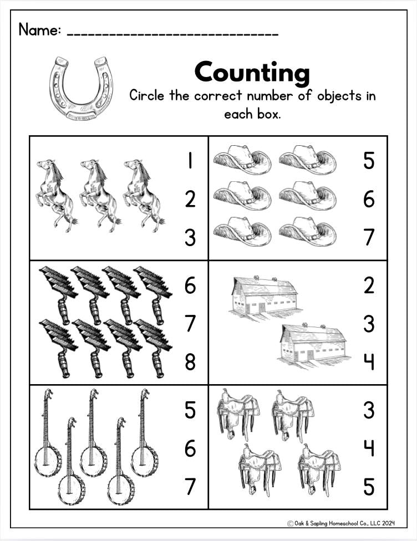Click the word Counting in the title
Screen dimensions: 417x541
[x=252, y=73]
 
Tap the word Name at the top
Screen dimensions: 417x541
[x=40, y=30]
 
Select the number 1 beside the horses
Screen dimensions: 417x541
[x=190, y=161]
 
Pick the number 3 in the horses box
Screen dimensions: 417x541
[x=190, y=237]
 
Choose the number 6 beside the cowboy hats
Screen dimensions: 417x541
[x=369, y=199]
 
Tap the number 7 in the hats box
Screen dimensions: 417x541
[x=369, y=237]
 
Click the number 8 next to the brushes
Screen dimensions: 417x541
[x=190, y=362]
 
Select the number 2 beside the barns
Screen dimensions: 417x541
[x=369, y=285]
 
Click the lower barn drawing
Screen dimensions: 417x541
[x=313, y=345]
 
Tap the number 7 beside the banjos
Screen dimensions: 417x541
[x=190, y=487]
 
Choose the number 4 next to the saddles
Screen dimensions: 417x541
[x=369, y=448]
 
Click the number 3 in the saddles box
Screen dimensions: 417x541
[x=369, y=410]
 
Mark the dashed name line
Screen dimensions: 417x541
[x=172, y=34]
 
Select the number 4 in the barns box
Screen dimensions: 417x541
[x=369, y=362]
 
